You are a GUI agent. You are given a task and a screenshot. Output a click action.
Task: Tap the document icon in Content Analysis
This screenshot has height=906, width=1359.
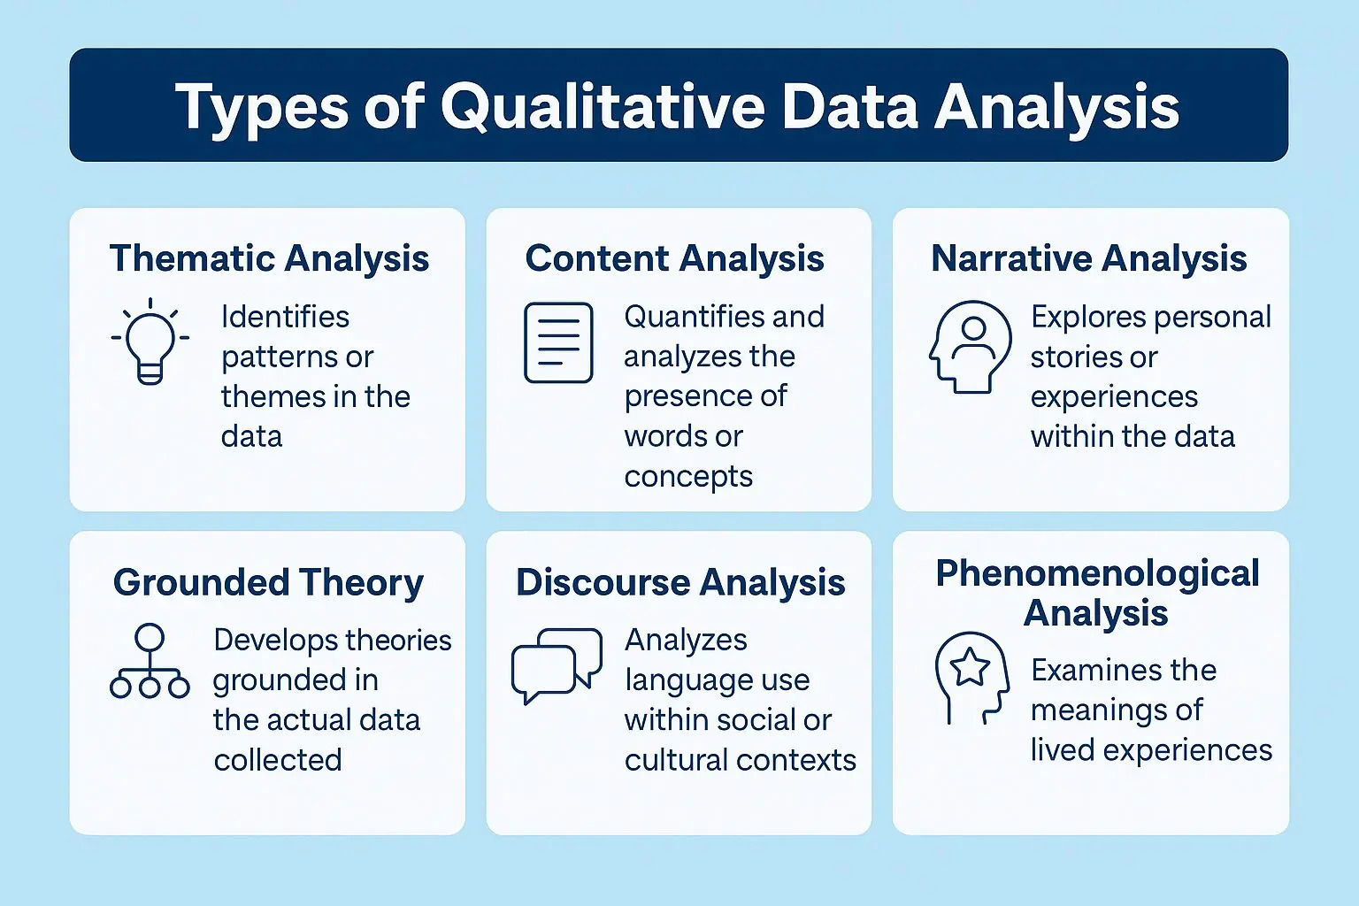click(558, 342)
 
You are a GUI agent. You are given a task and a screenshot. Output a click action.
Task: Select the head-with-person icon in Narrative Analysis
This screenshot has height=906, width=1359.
click(971, 346)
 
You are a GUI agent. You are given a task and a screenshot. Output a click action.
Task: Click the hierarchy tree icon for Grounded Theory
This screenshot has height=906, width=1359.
click(150, 662)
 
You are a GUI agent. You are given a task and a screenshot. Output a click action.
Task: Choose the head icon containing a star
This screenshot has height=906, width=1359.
click(971, 677)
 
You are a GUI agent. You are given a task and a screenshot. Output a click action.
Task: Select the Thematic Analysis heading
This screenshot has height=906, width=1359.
click(269, 258)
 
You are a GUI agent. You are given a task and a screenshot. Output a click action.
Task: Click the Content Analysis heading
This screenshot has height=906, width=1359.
click(674, 258)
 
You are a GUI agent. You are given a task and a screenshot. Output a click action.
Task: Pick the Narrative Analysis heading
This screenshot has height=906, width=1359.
click(1088, 258)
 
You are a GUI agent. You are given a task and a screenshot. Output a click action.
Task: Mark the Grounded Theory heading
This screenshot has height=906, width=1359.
click(268, 582)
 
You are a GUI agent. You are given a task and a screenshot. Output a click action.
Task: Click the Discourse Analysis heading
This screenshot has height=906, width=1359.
click(680, 582)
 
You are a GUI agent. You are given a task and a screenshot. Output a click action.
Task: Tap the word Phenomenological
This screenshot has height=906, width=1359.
click(1097, 574)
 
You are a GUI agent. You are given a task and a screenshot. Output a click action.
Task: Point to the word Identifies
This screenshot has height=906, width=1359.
click(285, 316)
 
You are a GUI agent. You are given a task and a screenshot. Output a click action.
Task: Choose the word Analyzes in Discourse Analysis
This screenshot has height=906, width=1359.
click(686, 640)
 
